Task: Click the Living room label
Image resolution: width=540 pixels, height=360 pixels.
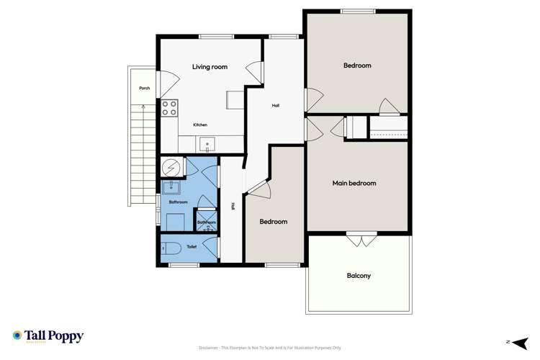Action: pos(210,67)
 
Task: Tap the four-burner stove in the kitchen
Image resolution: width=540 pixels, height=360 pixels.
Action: pos(170,109)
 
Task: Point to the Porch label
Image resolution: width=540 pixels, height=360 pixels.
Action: pos(144,89)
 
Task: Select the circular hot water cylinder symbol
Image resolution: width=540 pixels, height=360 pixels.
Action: pos(172,167)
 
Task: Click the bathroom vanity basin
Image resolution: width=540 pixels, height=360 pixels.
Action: pos(173,189)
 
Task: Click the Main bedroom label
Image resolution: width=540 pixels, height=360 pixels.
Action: pos(354,184)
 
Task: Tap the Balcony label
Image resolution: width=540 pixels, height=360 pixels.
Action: pos(359,276)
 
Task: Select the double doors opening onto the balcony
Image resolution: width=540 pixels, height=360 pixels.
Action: pos(359,239)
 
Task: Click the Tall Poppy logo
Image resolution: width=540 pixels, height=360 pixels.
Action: pos(48,336)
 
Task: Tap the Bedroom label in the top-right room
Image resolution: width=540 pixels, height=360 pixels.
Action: pos(357,66)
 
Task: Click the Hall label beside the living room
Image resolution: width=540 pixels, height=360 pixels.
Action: pos(275,106)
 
